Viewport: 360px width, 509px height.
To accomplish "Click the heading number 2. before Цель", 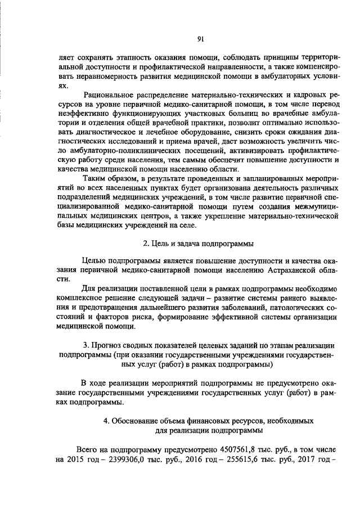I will pos(145,244).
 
